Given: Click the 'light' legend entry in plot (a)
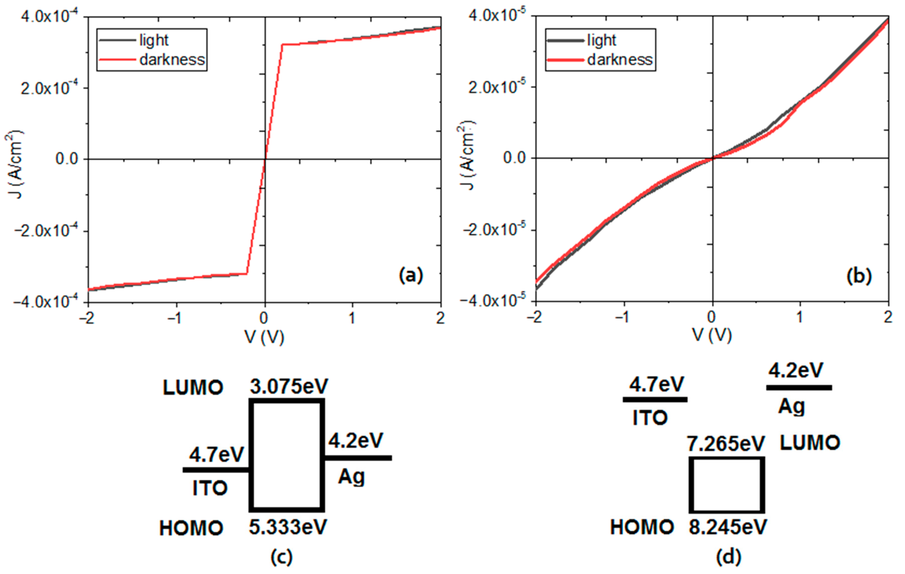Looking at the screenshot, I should [x=153, y=40].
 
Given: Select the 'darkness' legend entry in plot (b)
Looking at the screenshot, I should [x=619, y=60].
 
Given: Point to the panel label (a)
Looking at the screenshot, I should [x=411, y=275].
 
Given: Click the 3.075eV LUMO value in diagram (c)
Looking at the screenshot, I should [x=289, y=386].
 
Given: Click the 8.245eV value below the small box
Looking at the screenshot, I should [x=728, y=527].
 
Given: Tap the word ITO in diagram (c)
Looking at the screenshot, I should [x=210, y=488].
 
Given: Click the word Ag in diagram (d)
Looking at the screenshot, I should [x=791, y=406].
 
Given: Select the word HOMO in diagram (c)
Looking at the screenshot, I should [x=191, y=528].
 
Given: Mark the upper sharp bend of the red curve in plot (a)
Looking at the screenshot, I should [x=282, y=45].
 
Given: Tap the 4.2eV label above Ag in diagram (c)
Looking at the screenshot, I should [x=356, y=440].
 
